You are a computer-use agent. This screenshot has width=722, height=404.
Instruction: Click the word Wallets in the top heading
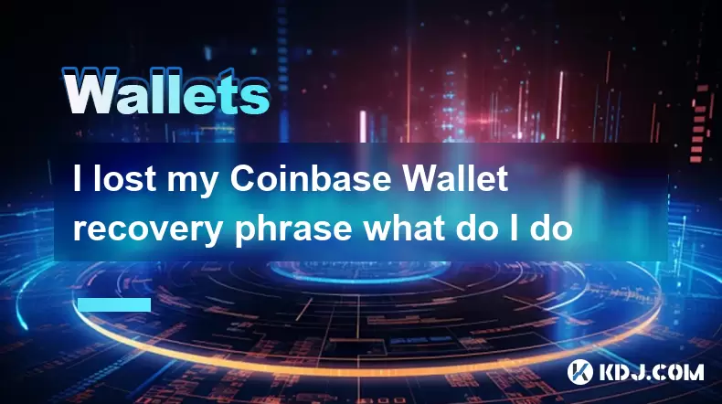[165, 91]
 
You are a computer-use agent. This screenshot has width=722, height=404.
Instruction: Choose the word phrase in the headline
[293, 229]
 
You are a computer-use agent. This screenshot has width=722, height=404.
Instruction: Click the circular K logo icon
[579, 372]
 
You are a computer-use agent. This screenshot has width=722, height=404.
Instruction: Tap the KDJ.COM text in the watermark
[651, 372]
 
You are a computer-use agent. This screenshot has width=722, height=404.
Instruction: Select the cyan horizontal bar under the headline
[114, 304]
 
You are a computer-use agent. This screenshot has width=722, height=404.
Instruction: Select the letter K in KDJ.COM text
[608, 372]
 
